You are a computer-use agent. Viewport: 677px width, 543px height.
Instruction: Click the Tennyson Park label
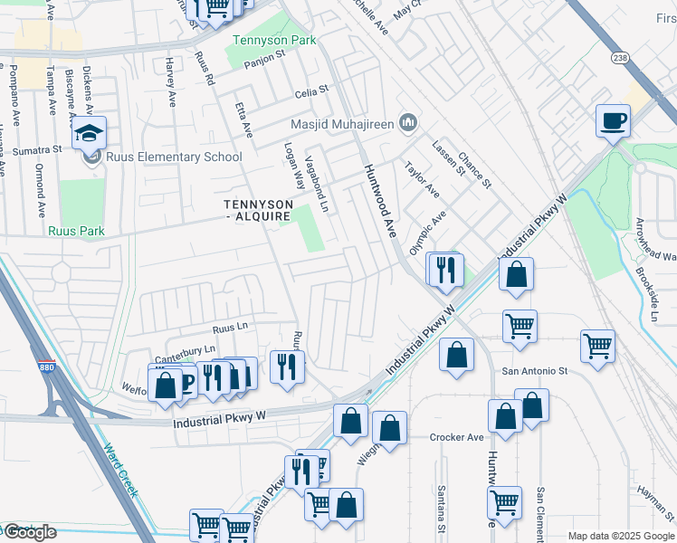tap(262, 40)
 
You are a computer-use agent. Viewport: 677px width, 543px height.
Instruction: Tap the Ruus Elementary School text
tap(174, 157)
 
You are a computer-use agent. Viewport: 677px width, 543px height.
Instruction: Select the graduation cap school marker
tap(90, 134)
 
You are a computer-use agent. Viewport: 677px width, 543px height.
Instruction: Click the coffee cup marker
tap(613, 120)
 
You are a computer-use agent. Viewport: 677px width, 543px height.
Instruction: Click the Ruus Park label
tap(77, 232)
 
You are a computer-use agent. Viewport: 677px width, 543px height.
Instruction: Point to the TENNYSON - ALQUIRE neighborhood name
tap(258, 211)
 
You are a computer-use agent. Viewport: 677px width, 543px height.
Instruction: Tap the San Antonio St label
tap(535, 371)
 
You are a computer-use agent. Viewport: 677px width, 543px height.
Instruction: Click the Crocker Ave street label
tap(457, 437)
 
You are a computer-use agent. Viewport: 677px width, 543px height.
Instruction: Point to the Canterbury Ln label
tap(186, 348)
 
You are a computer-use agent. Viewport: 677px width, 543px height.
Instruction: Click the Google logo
tap(30, 532)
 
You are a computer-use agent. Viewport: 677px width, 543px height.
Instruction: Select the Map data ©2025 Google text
tap(620, 536)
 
